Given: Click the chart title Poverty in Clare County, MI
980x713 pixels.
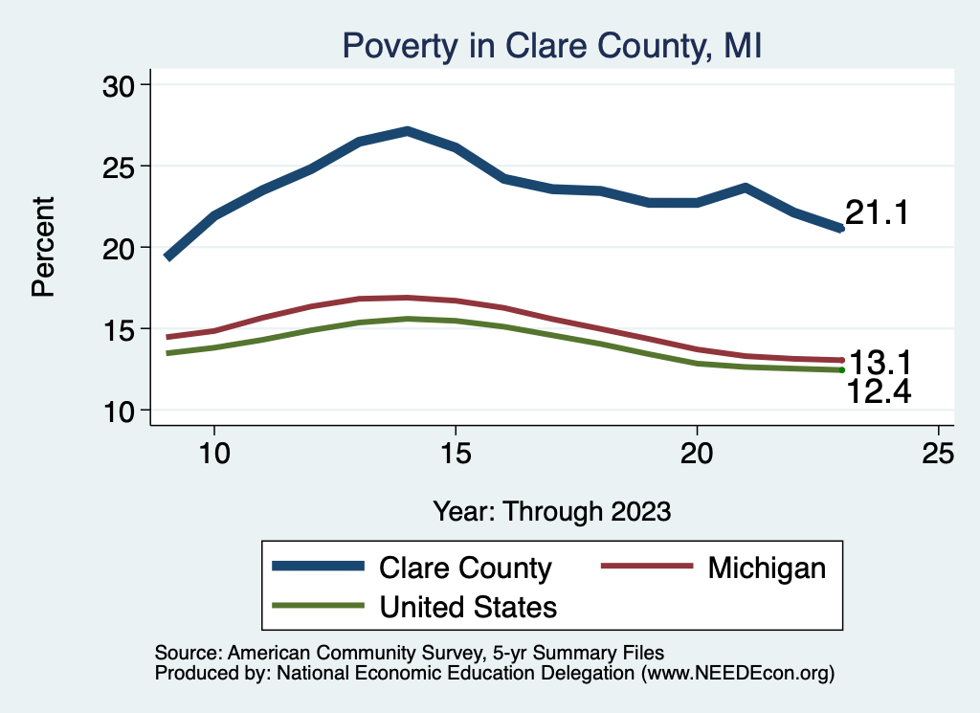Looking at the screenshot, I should (x=551, y=46).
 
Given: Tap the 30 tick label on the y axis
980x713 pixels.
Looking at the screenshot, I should (x=120, y=85).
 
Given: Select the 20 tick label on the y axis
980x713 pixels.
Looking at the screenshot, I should (x=120, y=248).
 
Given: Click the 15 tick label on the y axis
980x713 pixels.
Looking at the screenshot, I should (x=120, y=329).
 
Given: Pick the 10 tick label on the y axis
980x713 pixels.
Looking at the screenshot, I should (x=120, y=411).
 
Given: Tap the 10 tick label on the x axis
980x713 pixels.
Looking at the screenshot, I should (x=213, y=454).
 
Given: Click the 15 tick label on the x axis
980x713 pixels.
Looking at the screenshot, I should (x=456, y=454).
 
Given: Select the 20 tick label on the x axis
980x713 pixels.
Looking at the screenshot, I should (x=697, y=454).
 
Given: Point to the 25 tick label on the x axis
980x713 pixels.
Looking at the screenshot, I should (x=939, y=454).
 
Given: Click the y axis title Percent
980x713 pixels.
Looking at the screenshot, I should (x=44, y=247).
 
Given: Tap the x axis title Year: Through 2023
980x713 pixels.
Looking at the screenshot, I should (x=551, y=510).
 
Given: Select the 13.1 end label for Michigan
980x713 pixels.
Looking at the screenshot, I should (x=880, y=363).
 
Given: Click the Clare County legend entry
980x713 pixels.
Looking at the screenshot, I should (x=465, y=568).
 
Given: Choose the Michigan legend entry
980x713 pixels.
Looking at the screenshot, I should (x=767, y=568).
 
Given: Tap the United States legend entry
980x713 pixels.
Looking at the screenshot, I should (x=468, y=606).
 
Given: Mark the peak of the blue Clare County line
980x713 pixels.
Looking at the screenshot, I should (x=407, y=131).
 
